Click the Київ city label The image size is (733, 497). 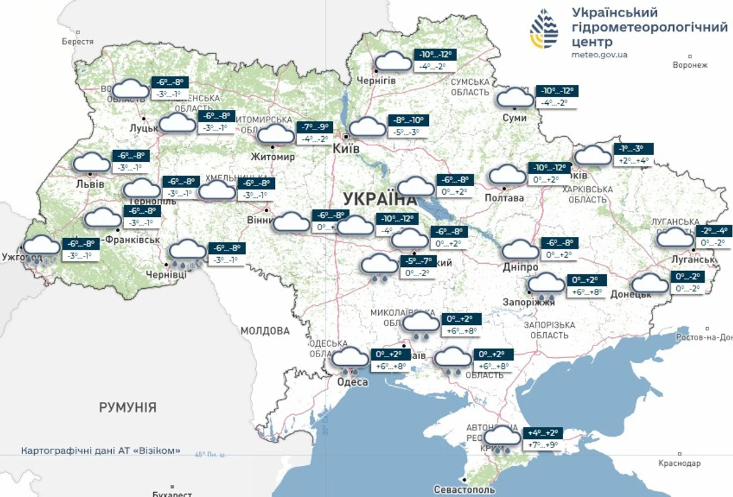point(345,149)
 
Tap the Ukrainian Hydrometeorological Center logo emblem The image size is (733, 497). point(544,29)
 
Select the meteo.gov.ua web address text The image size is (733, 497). point(599,54)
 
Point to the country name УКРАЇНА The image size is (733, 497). point(379,199)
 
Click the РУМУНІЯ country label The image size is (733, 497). point(128,407)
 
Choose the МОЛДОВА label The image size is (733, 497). point(264,331)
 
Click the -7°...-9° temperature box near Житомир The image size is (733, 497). point(315,128)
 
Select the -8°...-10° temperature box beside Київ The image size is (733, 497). point(407,120)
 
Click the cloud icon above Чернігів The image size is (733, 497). point(393,62)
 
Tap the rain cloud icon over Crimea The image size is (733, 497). point(503,438)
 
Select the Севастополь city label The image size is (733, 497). point(464,490)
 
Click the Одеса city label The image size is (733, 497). point(352,382)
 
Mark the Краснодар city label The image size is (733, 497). point(680,463)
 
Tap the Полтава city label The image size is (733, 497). point(504,198)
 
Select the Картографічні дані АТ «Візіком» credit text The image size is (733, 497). point(101,451)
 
